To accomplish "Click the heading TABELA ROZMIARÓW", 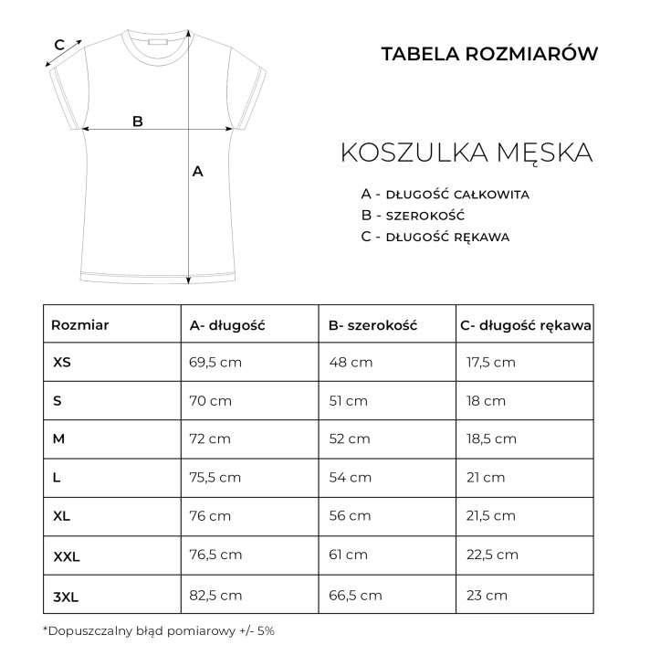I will [489, 54].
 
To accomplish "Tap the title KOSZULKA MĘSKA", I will [467, 153].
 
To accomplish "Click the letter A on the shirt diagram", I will [197, 171].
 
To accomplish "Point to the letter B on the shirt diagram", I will [138, 121].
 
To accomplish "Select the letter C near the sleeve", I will [58, 44].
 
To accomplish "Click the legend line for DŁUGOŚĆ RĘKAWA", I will [435, 237].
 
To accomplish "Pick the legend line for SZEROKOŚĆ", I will [413, 216].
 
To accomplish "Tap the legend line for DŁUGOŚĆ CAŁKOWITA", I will [446, 195].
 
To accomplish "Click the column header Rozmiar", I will [79, 324].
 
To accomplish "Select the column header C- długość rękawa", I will [525, 324].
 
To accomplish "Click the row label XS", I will [62, 363].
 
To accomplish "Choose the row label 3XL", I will [66, 596].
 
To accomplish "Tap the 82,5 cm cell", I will [215, 596].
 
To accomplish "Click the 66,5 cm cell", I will [355, 596].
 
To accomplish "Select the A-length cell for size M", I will [210, 439].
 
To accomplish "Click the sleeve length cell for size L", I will [486, 477].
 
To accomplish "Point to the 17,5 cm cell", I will [491, 363].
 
